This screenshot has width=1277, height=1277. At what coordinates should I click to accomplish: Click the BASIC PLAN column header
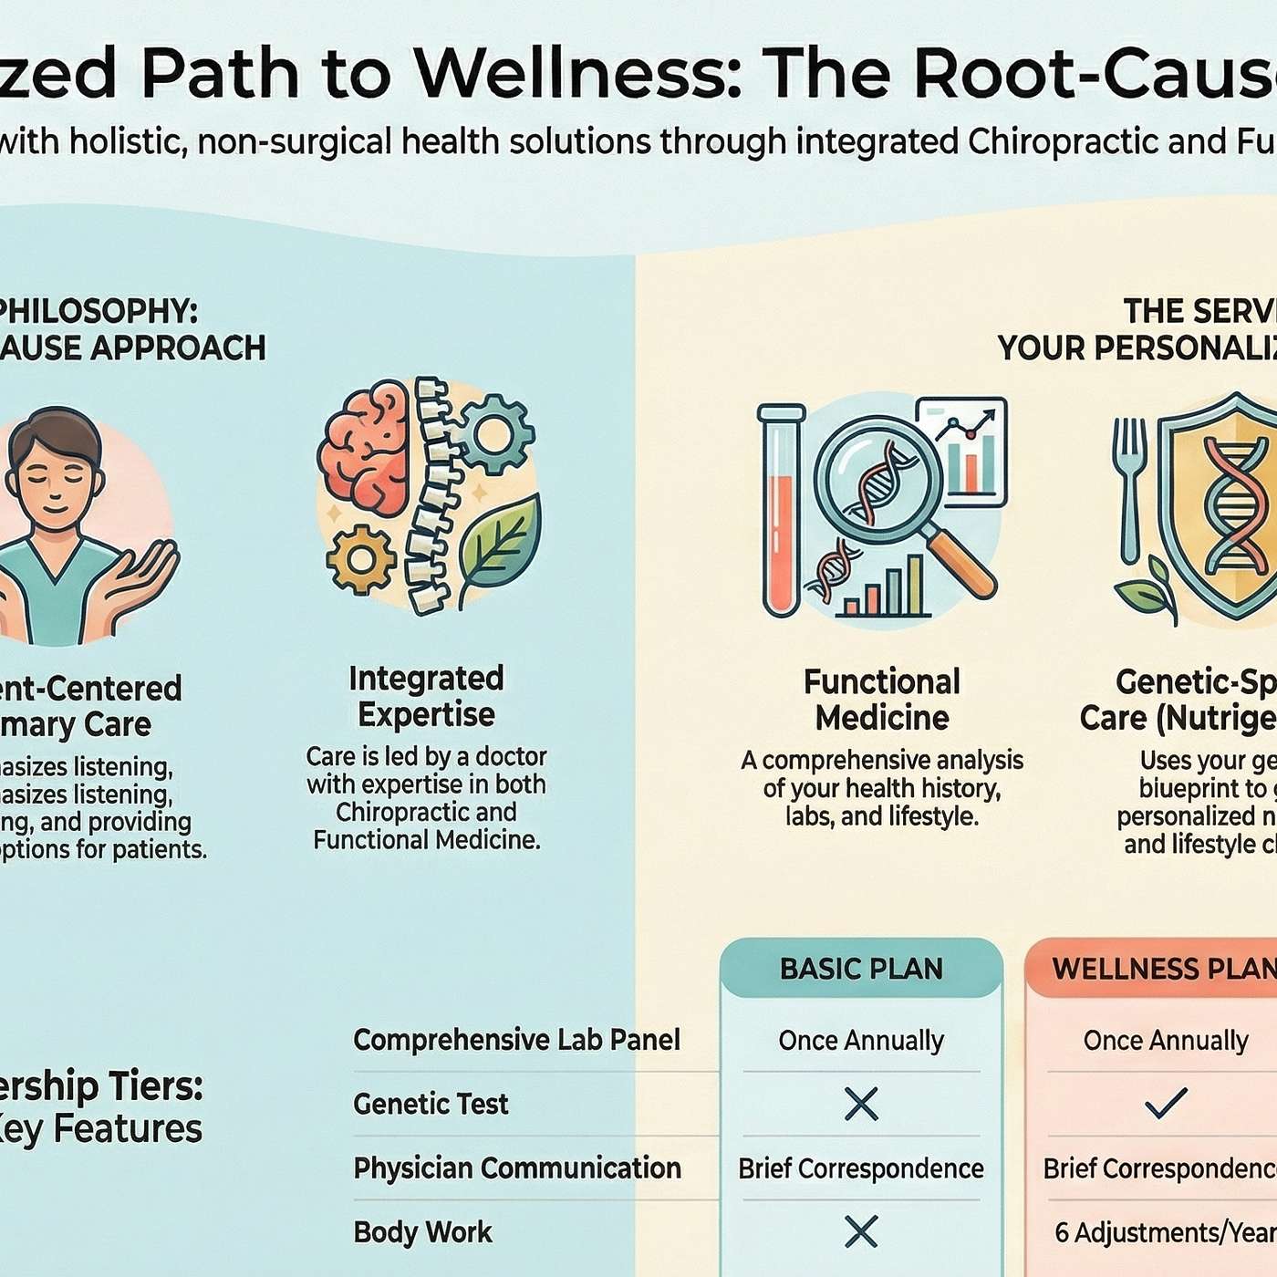(x=861, y=969)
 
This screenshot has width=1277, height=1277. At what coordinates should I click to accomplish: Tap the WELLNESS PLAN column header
(x=1163, y=969)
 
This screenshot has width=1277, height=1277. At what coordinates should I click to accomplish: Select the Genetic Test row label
(x=431, y=1105)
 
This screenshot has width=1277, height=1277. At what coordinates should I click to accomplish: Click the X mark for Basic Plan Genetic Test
(x=861, y=1105)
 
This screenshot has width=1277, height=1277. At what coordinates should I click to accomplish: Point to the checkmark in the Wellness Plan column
(x=1166, y=1104)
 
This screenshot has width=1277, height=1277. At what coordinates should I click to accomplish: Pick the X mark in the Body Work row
(x=861, y=1232)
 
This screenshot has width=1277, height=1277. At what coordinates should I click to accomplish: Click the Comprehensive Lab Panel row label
(x=516, y=1040)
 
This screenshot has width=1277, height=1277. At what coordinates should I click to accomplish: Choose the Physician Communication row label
(x=517, y=1168)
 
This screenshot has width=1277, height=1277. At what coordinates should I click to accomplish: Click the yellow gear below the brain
(x=360, y=559)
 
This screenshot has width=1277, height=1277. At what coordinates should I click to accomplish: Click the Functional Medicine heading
(x=882, y=700)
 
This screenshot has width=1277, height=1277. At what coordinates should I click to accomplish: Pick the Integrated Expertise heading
(x=426, y=696)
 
